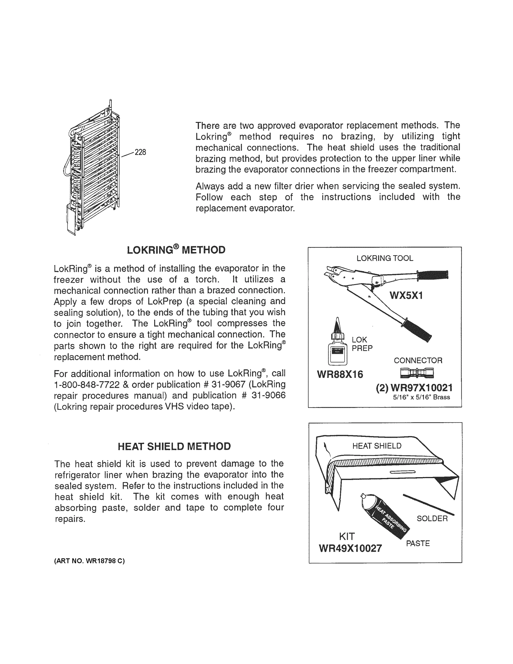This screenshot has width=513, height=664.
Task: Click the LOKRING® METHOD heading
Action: pos(176,250)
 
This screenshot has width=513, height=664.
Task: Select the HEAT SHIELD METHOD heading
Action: pos(174,446)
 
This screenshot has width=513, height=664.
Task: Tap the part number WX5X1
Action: pos(406,295)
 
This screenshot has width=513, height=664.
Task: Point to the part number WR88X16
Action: pos(340,374)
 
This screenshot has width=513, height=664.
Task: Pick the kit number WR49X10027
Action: pos(350,548)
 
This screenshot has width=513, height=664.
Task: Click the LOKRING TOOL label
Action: pos(385,258)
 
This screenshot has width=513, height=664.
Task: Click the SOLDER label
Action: pos(432,518)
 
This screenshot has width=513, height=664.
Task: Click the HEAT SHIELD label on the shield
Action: pos(377,446)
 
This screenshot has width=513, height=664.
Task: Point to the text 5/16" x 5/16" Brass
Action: pos(421,397)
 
